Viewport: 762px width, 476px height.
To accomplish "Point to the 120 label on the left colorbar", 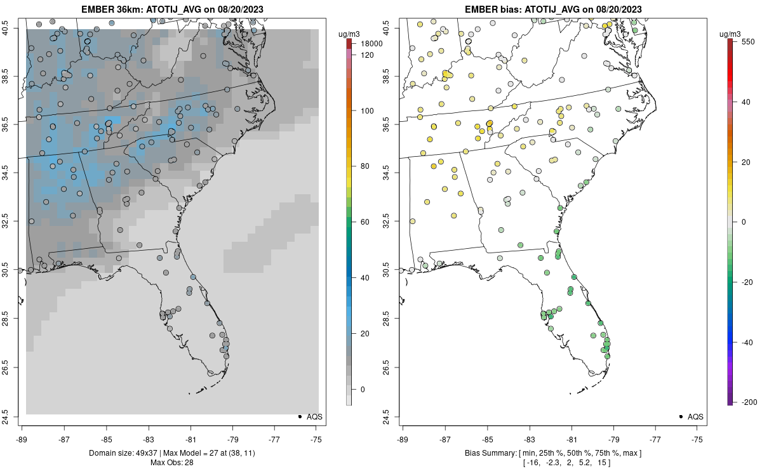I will click(367, 55).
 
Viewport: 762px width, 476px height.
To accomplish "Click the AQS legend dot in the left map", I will click(299, 416).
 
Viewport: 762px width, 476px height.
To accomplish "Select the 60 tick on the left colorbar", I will click(366, 221).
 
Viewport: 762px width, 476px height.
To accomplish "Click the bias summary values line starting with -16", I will click(553, 463).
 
